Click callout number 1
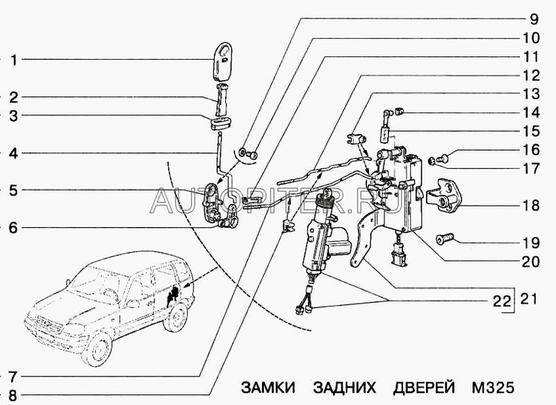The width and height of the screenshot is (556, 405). tap(13, 60)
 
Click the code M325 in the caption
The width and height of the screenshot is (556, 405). tap(494, 387)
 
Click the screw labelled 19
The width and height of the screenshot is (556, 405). tap(445, 240)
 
